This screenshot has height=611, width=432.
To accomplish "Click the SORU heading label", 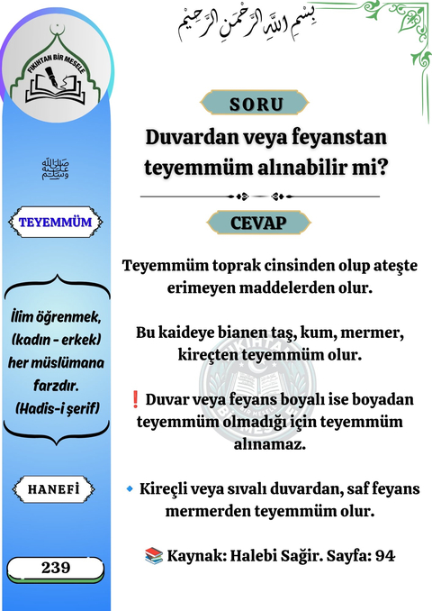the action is pyautogui.click(x=256, y=103).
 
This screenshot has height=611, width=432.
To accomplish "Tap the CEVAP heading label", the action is pyautogui.click(x=256, y=222).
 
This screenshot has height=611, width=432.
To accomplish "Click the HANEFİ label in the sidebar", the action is pyautogui.click(x=56, y=489).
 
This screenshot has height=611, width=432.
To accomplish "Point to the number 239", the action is pyautogui.click(x=56, y=569).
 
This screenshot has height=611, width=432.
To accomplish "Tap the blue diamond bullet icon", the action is pyautogui.click(x=130, y=489).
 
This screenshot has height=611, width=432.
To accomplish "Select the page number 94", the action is pyautogui.click(x=384, y=556).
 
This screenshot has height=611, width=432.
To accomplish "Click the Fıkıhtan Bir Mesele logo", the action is pyautogui.click(x=56, y=76).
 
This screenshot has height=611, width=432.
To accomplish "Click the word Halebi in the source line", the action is pyautogui.click(x=261, y=556).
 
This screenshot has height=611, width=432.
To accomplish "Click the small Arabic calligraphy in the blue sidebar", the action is pyautogui.click(x=56, y=169).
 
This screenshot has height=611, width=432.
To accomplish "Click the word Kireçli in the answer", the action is pyautogui.click(x=169, y=489).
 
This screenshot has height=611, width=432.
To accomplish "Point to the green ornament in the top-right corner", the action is pyautogui.click(x=402, y=36).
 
